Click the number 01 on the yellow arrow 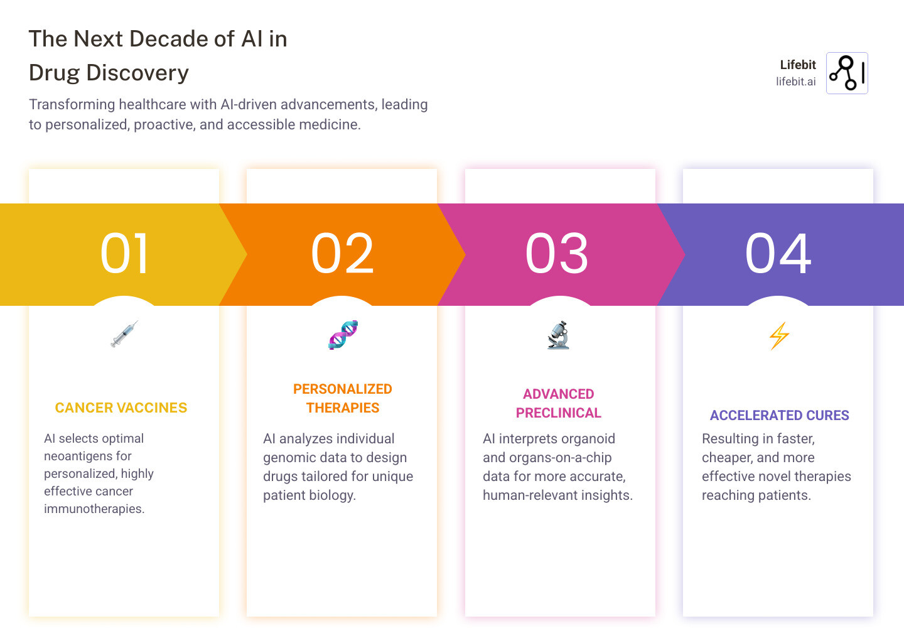(124, 254)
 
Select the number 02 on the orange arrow (342, 254)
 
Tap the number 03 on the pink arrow (557, 254)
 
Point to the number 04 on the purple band (778, 254)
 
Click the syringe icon (124, 334)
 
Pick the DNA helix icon (343, 335)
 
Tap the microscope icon (558, 335)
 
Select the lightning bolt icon (779, 335)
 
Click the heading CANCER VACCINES (121, 408)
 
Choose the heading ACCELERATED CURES (779, 416)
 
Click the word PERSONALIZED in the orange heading (343, 389)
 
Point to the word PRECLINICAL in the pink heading (559, 413)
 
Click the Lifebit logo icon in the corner (847, 73)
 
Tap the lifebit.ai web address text (795, 82)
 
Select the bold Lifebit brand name (797, 65)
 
